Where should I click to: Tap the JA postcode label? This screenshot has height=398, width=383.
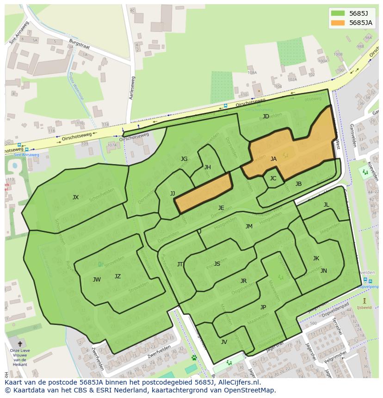(273, 159)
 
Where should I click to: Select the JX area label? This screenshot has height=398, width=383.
(75, 197)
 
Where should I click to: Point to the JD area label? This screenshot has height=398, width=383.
(266, 116)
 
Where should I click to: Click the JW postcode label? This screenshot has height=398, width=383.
(97, 280)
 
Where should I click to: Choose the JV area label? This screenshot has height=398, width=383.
(224, 342)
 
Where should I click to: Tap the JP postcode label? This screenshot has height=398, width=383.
(263, 307)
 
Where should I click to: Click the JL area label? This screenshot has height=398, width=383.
(326, 205)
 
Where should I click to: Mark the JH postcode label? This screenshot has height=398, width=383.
(208, 167)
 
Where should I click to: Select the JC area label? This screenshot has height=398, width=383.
(273, 178)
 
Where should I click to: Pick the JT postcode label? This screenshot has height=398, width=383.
(180, 264)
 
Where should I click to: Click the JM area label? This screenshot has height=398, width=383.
(249, 227)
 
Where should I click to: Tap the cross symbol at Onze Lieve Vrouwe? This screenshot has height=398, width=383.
(19, 344)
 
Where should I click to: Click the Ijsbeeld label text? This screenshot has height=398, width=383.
(364, 307)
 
